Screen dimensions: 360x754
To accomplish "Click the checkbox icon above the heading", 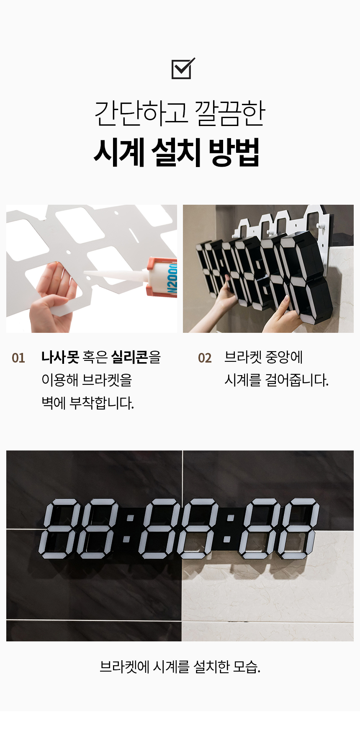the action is click(x=183, y=69).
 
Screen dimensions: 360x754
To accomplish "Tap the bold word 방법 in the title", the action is click(x=234, y=152).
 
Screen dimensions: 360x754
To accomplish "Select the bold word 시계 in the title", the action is click(x=119, y=152).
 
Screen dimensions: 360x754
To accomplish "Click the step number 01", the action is click(x=18, y=358).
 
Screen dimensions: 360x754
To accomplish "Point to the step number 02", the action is click(x=205, y=358).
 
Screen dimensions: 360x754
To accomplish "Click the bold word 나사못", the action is click(x=60, y=357).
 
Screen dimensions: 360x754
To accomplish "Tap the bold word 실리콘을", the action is click(x=136, y=357).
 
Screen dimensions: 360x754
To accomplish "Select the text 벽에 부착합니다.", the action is click(x=87, y=403).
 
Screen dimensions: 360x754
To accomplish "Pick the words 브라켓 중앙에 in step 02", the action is click(x=263, y=357).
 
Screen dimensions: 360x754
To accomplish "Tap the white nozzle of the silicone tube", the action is click(x=115, y=275).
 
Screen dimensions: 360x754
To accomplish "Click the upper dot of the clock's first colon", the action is click(x=129, y=518).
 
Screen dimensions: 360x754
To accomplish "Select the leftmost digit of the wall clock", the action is click(x=59, y=528).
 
